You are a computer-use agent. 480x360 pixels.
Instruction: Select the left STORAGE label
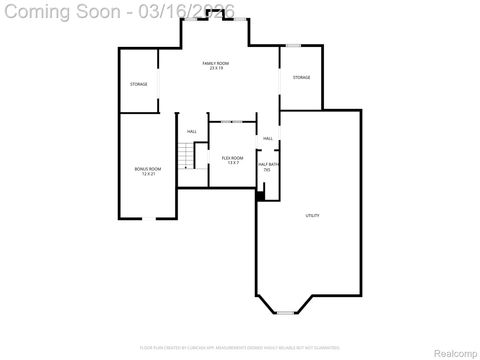138,84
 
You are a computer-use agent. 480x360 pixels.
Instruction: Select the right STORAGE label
301,77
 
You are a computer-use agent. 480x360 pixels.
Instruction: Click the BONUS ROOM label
148,169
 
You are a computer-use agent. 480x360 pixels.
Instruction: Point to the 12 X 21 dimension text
148,174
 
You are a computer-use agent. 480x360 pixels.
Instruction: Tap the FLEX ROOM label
232,158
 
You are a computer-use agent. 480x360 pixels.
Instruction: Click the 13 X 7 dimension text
232,163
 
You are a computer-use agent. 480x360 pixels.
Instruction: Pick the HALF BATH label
267,164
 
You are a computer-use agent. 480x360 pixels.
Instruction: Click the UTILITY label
312,216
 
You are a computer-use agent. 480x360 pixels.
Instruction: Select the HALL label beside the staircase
191,131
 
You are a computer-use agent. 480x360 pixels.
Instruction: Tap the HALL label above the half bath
267,138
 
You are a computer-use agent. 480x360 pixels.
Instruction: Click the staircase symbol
184,156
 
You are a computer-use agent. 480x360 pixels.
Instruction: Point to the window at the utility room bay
287,313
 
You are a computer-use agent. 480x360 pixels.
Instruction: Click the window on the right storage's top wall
292,45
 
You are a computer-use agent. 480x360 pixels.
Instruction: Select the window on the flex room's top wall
231,122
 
